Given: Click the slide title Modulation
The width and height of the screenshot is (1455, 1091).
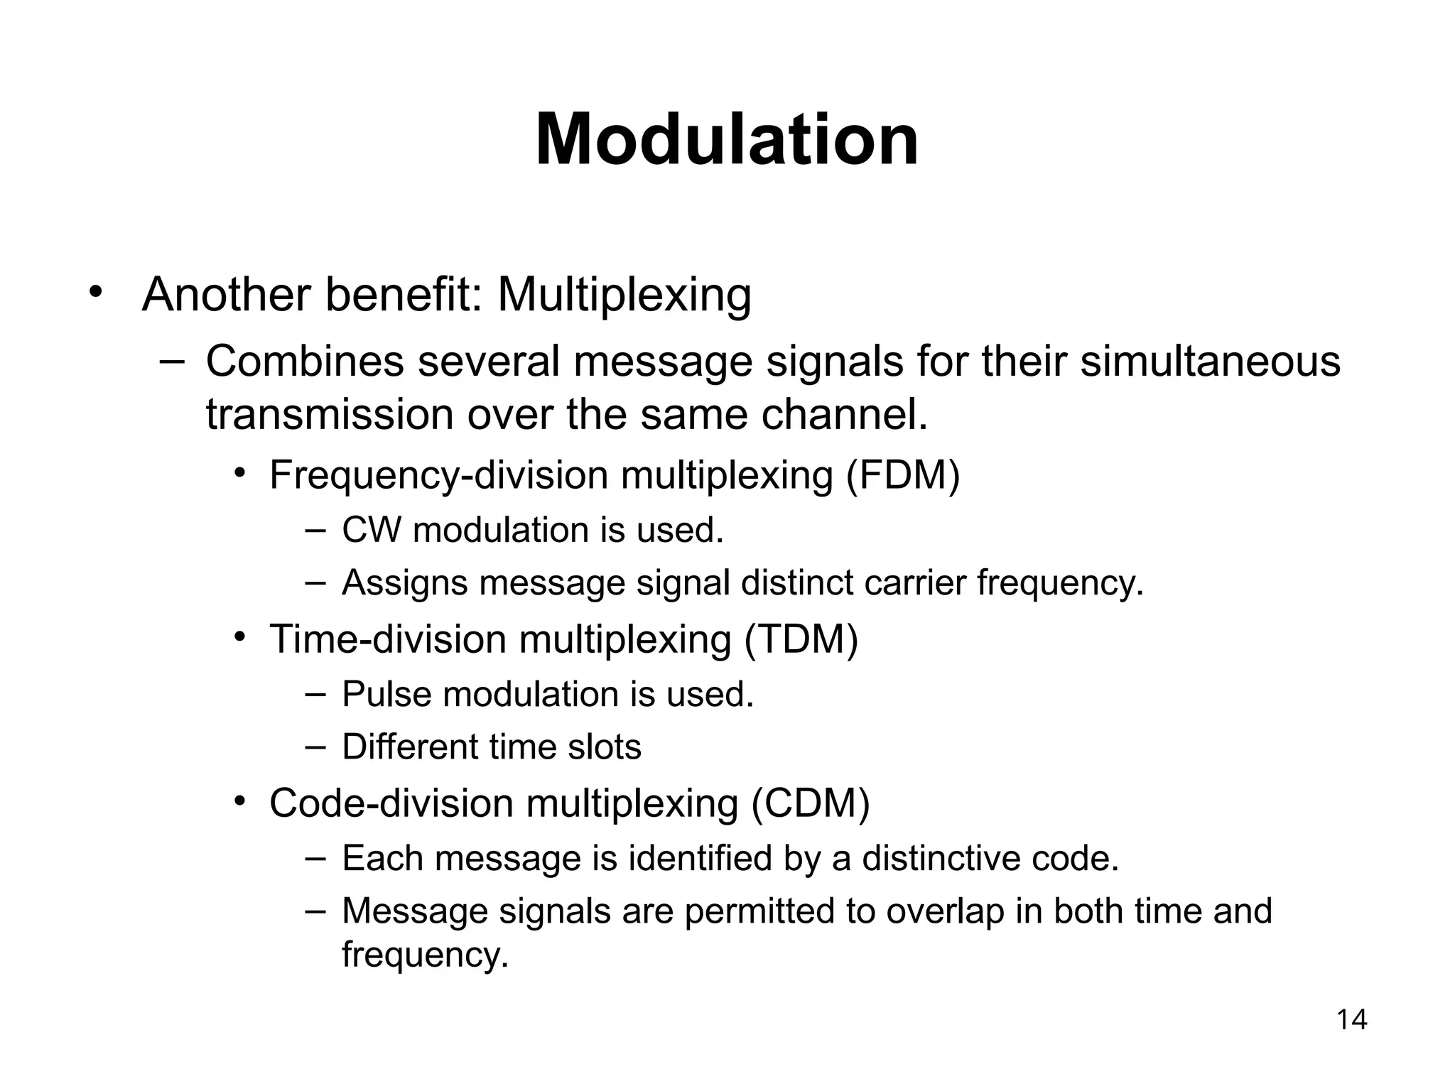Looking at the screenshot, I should pos(727,140).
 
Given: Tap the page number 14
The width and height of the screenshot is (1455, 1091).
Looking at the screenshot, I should pos(1351,1020).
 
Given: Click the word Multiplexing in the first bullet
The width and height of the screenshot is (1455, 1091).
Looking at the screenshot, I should pos(624,294).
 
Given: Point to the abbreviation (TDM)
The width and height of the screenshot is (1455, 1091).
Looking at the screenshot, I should pos(801,639).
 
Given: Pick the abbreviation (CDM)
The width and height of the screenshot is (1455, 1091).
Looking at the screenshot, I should pos(811,803).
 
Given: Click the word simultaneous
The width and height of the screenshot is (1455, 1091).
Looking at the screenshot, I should pos(1210,361).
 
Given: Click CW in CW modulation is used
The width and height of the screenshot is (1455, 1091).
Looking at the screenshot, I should pos(371,530).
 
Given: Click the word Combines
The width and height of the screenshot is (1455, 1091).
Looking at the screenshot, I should pos(304,361).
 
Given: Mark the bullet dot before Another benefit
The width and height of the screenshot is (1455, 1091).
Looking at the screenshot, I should pos(96,292).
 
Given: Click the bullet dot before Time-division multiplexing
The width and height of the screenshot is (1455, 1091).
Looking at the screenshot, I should pos(240,636).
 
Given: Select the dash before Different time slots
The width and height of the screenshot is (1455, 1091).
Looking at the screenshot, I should pos(315,747).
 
